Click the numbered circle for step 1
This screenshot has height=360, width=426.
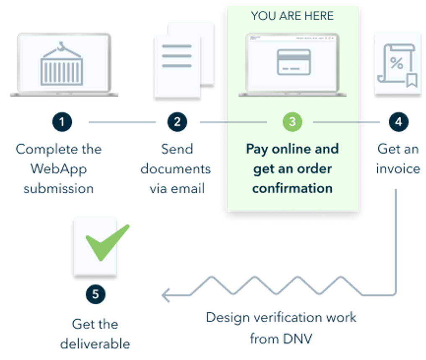tap(62, 122)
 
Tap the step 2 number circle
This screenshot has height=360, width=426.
tap(177, 122)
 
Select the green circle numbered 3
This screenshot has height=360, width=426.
tap(292, 122)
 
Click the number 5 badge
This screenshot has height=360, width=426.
tap(96, 294)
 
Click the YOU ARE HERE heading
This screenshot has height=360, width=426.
tap(292, 16)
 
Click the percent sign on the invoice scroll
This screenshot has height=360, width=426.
tap(396, 63)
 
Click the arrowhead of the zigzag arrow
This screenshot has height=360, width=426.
tap(165, 295)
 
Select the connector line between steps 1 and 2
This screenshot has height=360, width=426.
tap(122, 122)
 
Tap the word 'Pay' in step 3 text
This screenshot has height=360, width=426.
tap(256, 149)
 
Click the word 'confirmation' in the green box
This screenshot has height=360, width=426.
tap(292, 188)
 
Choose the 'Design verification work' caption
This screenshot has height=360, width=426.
tap(281, 318)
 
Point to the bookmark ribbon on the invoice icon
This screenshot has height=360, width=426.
tap(412, 80)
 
